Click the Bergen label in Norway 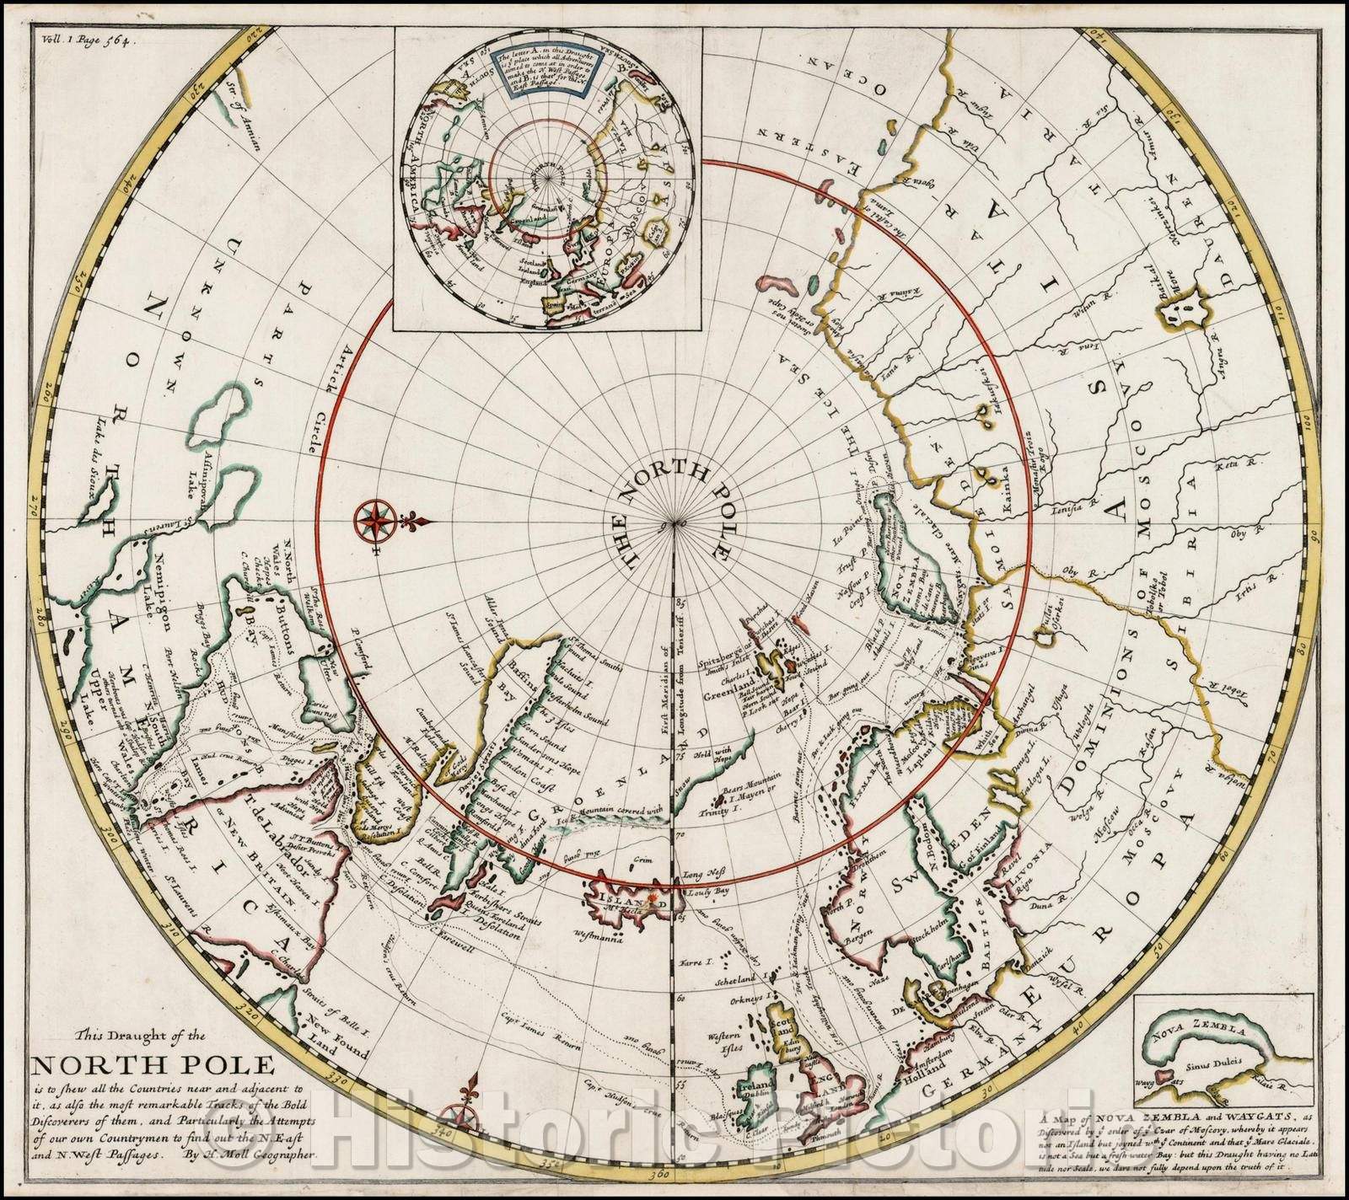pos(845,935)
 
